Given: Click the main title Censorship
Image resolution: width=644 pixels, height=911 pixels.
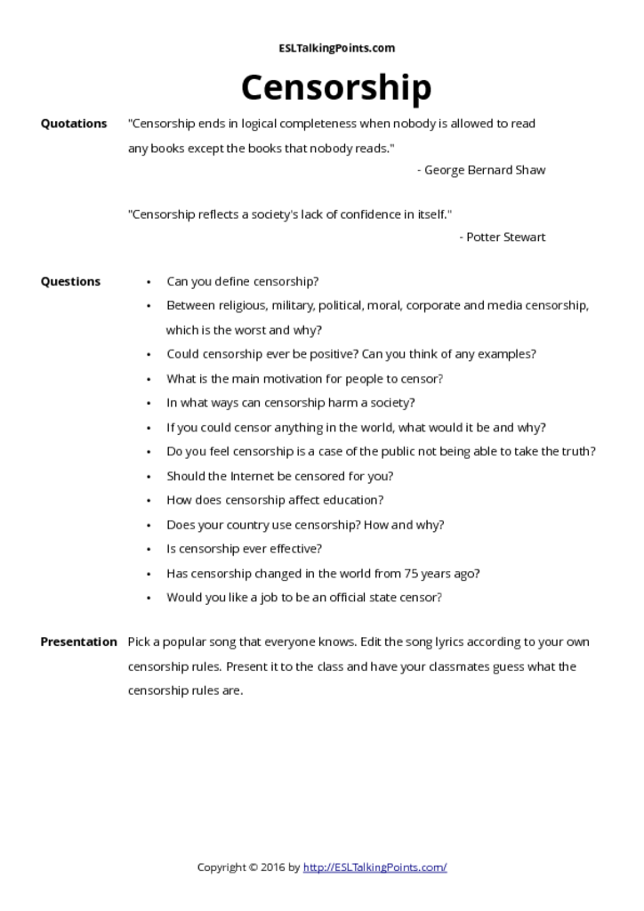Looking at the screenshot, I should coord(335,88).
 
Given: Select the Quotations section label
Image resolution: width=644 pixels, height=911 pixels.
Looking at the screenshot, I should coord(74,124).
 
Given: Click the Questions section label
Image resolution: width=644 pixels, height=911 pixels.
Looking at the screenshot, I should coord(70,281).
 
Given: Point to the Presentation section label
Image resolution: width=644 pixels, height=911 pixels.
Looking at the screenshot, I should coord(78,641).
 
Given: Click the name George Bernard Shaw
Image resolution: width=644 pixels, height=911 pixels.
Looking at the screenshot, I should coord(485,170).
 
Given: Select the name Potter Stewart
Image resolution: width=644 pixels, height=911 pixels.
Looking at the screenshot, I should coord(506,237).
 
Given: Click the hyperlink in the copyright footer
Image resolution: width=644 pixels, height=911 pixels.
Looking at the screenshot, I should coord(374,867).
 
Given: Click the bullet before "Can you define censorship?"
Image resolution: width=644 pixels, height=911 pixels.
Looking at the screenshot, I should coord(149,282).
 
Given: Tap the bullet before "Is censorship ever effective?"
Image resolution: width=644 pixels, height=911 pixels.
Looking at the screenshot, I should coord(149,549).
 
